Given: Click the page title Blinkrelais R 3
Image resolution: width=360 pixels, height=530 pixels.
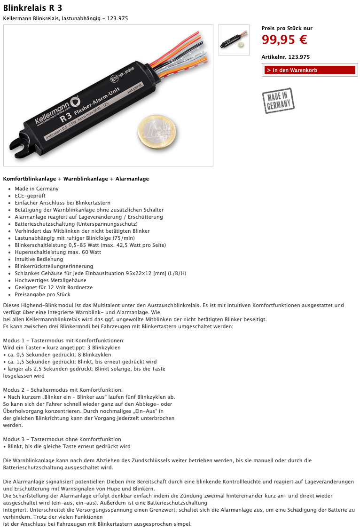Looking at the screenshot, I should (32, 8).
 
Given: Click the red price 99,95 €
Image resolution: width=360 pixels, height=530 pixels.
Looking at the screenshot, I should (284, 40).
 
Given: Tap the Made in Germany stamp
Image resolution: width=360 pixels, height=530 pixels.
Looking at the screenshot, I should (278, 101).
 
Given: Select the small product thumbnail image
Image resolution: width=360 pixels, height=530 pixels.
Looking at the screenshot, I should (234, 40).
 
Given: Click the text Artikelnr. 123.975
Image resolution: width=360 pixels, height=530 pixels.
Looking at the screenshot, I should (285, 57).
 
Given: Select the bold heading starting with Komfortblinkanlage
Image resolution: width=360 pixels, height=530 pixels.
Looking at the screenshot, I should (76, 179).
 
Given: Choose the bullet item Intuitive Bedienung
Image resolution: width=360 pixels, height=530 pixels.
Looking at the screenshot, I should (39, 259).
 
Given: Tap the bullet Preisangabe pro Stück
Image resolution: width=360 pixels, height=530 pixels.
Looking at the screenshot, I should (42, 294).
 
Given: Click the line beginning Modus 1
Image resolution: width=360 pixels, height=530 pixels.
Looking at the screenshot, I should (63, 340).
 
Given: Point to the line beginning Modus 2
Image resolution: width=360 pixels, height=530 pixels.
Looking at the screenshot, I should (63, 390).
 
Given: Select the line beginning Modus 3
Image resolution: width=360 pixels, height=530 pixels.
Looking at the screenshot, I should (62, 439).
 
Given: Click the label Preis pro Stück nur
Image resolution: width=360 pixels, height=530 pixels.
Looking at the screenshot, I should (287, 28).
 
